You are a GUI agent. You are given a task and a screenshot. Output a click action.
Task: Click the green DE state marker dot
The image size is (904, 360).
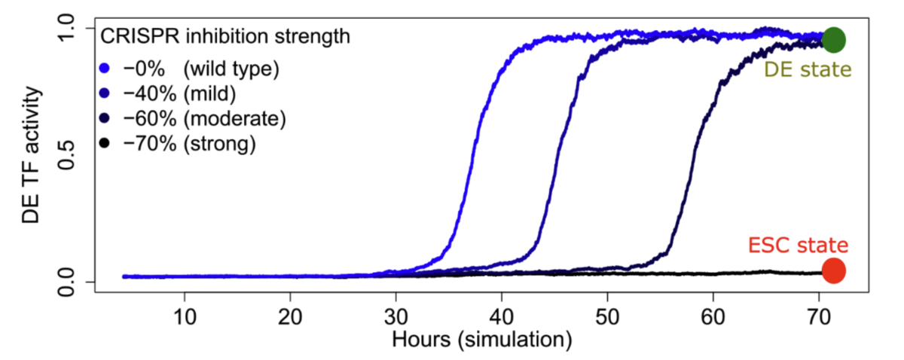[x=833, y=40]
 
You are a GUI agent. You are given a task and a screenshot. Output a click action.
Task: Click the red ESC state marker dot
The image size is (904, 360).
[x=833, y=270]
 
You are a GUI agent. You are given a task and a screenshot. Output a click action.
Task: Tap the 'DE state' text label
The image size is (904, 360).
[x=808, y=70]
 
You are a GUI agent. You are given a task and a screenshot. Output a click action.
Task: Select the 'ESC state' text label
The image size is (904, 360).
[x=798, y=246]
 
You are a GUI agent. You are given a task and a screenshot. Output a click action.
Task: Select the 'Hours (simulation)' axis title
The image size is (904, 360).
[x=481, y=340]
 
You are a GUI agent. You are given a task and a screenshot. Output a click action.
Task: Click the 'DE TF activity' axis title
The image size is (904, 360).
[x=30, y=154]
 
